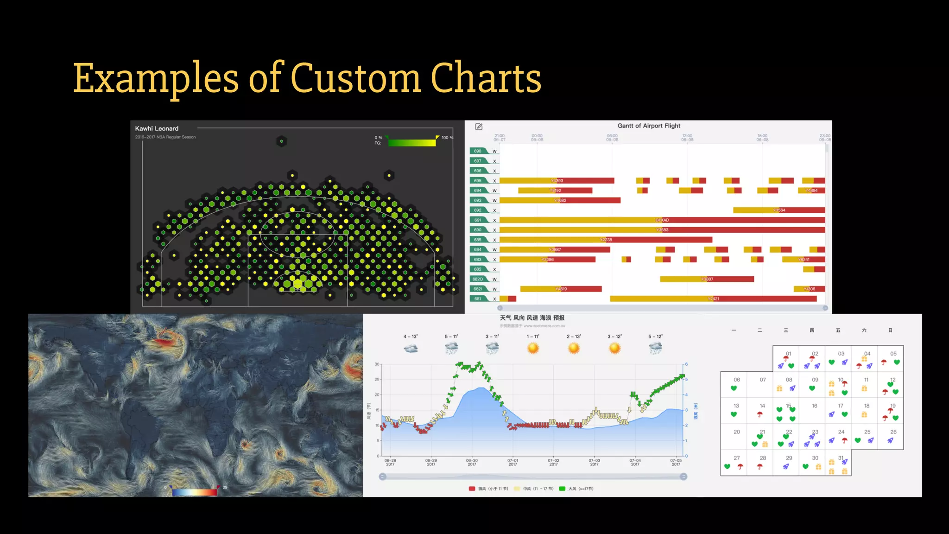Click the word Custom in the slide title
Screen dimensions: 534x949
tap(355, 78)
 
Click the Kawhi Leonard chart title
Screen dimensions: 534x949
tap(157, 128)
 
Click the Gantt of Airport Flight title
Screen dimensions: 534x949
tap(649, 126)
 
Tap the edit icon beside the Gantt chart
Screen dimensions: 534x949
tap(479, 127)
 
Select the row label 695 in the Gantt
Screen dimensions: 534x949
tap(478, 181)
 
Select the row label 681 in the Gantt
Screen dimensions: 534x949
tap(478, 299)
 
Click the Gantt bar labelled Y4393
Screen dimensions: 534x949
tap(556, 181)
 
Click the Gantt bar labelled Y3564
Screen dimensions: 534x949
tap(778, 210)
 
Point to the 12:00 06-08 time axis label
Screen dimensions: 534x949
tap(687, 138)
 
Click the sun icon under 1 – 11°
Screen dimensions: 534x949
tap(533, 348)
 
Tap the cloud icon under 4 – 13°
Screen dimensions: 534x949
tap(411, 348)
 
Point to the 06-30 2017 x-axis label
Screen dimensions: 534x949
tap(472, 463)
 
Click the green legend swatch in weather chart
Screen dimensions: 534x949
tap(562, 489)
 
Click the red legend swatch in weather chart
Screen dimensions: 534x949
tap(472, 489)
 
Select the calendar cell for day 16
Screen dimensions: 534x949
tap(814, 411)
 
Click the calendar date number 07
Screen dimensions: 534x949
tap(763, 380)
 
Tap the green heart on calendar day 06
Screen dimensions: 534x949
tap(734, 388)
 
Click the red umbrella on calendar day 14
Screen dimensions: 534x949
tap(760, 414)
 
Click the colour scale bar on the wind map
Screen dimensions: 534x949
tap(195, 491)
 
